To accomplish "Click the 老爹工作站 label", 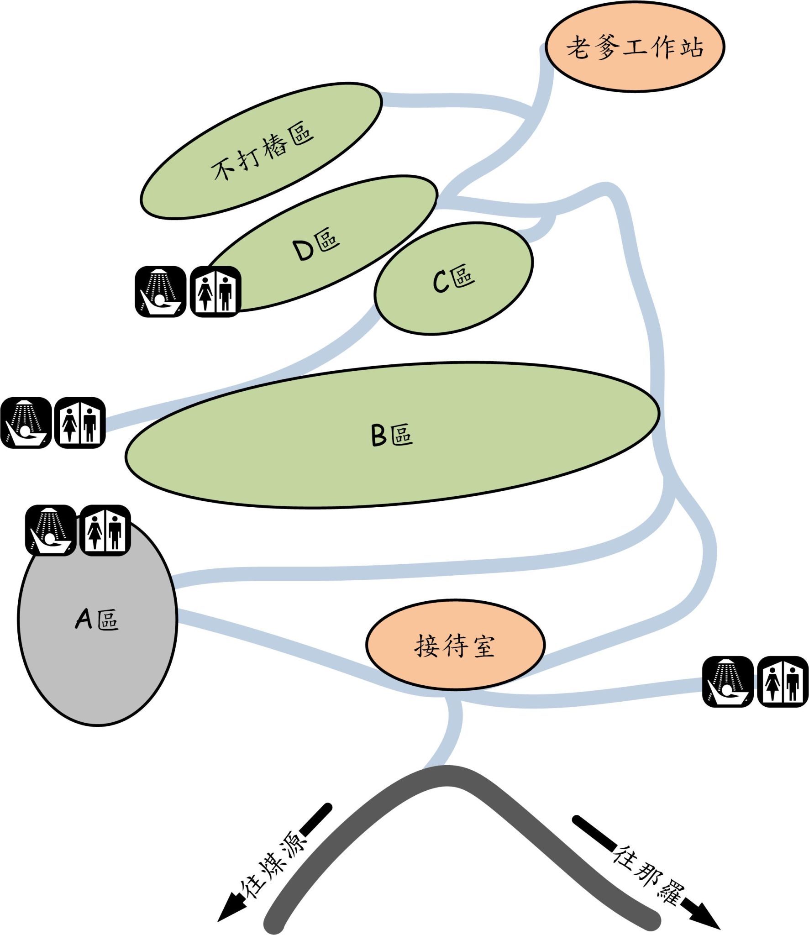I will click(x=635, y=47).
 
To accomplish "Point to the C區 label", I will click(x=454, y=278).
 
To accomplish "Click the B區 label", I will click(x=392, y=435).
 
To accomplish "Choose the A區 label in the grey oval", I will click(x=97, y=620).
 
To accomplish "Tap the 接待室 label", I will click(x=455, y=646).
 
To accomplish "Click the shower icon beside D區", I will click(x=160, y=292).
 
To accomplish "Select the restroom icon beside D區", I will click(x=215, y=292).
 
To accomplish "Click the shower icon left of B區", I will click(x=26, y=423).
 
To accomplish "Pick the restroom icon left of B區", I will click(x=80, y=423).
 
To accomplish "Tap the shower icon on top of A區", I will click(x=51, y=530).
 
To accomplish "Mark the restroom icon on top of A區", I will click(x=105, y=530).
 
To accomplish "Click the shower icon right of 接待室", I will click(x=728, y=682).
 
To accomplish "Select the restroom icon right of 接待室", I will click(x=783, y=682).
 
